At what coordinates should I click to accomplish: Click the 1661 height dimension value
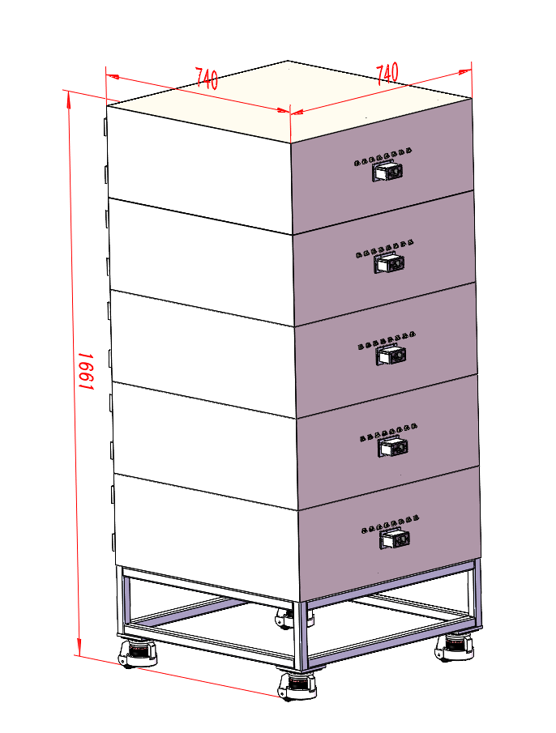[86, 372]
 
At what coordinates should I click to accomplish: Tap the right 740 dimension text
[387, 73]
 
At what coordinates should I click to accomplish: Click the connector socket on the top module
[387, 171]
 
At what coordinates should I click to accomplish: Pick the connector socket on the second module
[390, 263]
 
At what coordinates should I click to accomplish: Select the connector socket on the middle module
[391, 356]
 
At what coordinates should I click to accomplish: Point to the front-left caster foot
[137, 654]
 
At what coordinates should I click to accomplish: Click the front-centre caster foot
[297, 686]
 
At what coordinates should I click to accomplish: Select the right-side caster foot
[454, 646]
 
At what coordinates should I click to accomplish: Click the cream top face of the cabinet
[289, 100]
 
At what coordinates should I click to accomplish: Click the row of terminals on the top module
[383, 157]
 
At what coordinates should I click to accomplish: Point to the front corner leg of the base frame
[302, 636]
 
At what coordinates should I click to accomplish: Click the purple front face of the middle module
[387, 350]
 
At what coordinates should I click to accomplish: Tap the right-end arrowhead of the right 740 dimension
[466, 71]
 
